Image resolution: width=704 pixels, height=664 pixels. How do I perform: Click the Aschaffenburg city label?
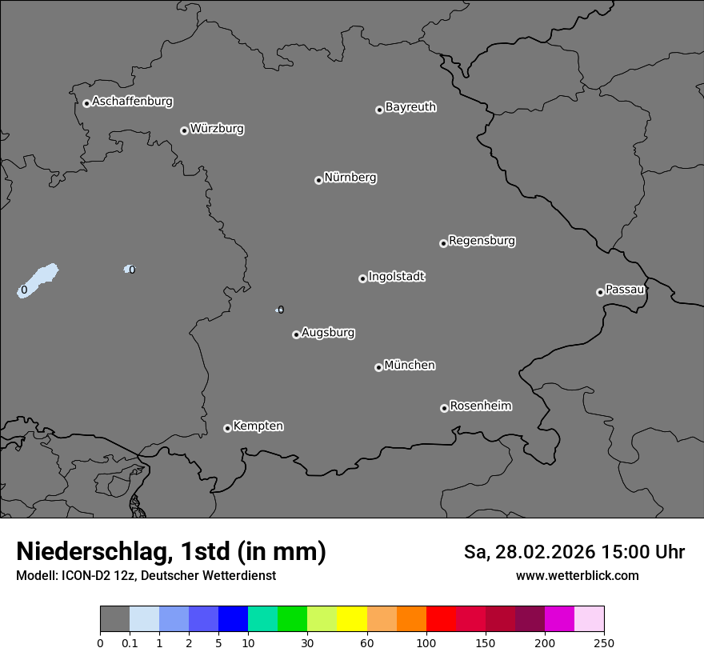(132, 102)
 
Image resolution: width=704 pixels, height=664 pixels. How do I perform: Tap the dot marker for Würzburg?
(184, 130)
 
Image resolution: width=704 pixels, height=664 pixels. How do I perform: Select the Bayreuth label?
(410, 107)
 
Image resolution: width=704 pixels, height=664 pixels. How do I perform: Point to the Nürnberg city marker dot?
(318, 180)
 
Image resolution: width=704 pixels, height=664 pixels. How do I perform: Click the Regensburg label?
(482, 241)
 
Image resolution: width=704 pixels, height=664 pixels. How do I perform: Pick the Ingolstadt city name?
(396, 277)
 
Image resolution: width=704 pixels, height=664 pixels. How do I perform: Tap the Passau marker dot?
(600, 292)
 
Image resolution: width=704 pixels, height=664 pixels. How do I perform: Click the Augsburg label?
(328, 333)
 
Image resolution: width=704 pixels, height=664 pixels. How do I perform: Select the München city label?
(410, 366)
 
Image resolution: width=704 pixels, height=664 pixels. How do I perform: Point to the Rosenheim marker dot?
(444, 409)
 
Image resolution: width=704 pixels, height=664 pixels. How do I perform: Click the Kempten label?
(258, 426)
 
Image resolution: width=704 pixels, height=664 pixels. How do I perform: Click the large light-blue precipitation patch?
(38, 281)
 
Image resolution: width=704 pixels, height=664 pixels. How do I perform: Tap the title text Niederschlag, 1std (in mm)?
(171, 552)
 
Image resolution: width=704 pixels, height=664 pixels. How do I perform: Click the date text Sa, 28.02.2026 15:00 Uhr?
(574, 552)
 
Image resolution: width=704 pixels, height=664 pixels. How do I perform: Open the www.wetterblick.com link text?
(577, 576)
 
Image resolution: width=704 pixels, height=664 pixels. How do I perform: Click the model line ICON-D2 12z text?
(146, 576)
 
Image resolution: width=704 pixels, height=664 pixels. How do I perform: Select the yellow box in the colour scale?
(352, 619)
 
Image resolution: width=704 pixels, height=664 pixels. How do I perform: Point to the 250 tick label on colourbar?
(604, 642)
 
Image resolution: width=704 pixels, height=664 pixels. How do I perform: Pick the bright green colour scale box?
(293, 619)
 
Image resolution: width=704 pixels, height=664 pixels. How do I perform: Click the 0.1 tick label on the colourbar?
(130, 642)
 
